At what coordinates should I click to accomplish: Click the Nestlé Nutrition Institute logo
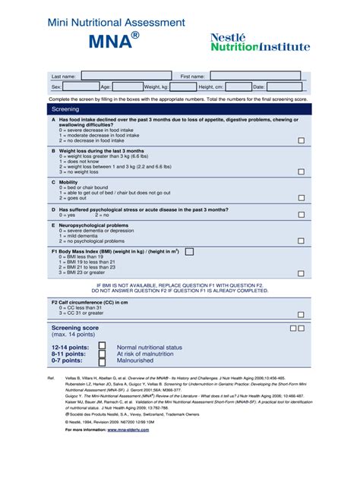(260, 42)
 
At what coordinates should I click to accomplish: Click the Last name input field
(118, 76)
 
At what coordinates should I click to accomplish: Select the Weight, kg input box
(182, 87)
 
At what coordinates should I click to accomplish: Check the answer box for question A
(302, 140)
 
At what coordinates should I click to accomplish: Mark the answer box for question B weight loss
(302, 172)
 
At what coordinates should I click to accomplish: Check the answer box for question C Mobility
(302, 199)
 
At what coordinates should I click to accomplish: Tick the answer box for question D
(302, 215)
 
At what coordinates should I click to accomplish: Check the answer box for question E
(302, 241)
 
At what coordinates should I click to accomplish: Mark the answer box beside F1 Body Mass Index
(189, 251)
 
